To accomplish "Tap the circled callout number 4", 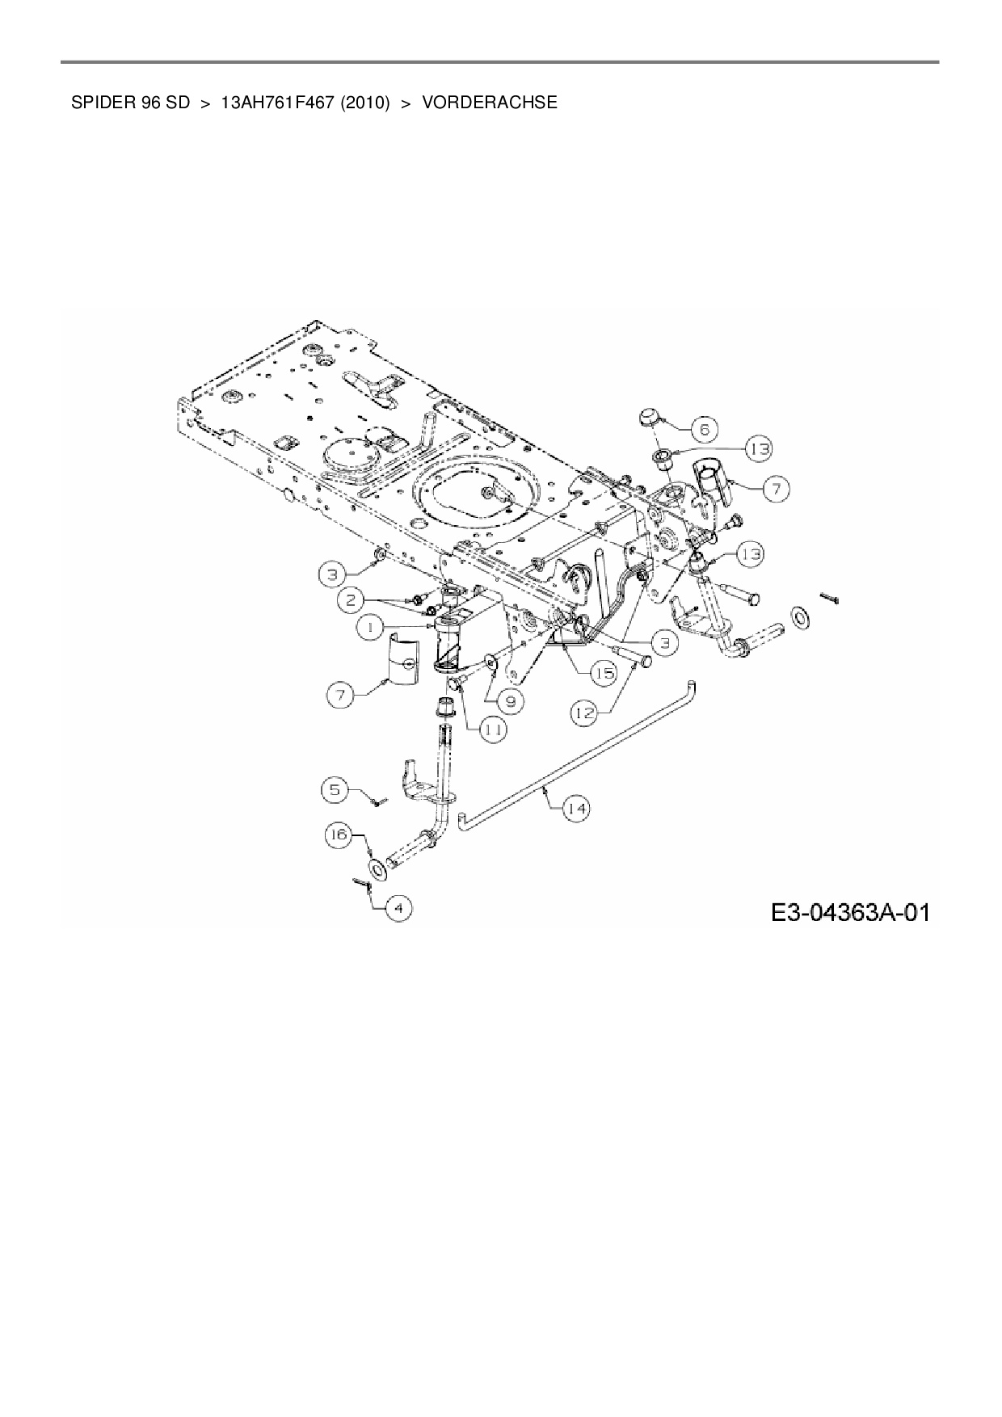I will point(398,908).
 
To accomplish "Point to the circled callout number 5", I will point(335,789).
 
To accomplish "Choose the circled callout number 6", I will point(705,429).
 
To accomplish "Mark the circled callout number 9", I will point(511,701).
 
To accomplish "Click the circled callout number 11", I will point(493,729).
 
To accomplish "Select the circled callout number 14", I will point(576,808).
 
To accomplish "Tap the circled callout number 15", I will point(602,672).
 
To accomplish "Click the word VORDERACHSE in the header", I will point(490,103).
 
